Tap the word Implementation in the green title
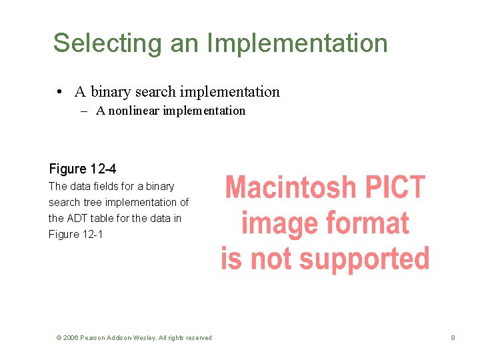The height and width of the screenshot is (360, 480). tap(297, 43)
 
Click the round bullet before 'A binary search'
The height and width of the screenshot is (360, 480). tap(60, 92)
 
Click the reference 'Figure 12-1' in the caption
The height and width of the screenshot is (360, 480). tap(77, 234)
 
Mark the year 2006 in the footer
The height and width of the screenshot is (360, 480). tap(71, 338)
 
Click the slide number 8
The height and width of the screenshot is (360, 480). tap(453, 338)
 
